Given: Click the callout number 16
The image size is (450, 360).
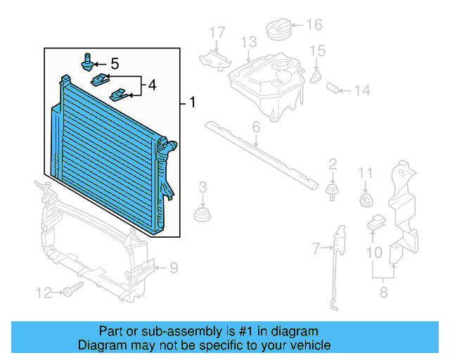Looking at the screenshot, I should click(314, 25).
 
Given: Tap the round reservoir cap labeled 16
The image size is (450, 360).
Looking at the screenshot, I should click(279, 31).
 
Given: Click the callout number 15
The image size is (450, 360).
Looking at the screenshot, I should click(318, 51).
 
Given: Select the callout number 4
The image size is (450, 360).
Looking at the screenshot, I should click(151, 87).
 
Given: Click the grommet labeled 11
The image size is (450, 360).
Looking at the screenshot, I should click(365, 200).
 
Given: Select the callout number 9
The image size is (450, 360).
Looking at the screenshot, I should click(173, 267).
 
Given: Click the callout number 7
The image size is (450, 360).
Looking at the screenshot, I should click(316, 247).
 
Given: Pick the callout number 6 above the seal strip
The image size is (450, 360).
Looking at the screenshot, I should click(256, 127).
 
